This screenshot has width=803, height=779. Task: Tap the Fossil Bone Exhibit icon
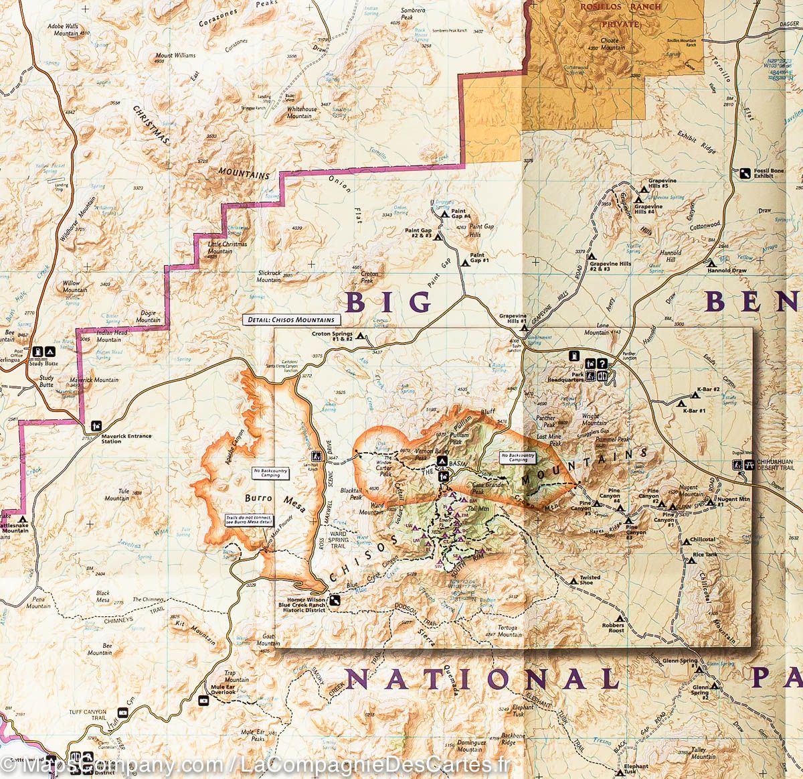pos(745,173)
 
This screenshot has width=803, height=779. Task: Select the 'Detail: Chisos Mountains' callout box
pos(292,320)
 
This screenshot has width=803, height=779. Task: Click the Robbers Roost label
pos(612,627)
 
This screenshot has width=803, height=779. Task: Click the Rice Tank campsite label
pos(705,554)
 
